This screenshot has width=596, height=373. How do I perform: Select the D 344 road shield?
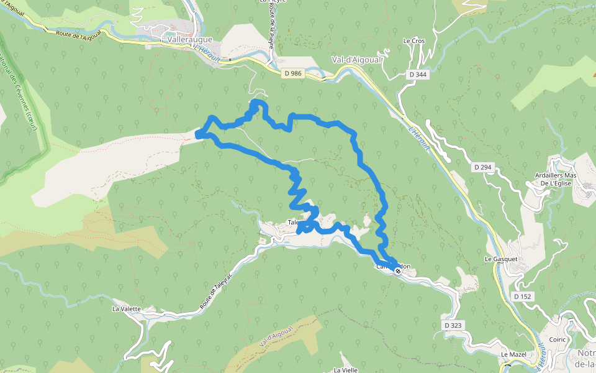418,75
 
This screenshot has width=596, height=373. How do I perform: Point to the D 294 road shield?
482,167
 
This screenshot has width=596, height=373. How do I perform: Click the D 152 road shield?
523,297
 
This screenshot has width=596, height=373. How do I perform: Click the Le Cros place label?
413,41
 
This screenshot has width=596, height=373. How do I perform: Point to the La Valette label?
127,308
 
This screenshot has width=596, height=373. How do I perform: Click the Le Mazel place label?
513,354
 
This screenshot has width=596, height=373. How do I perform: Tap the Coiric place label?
558,339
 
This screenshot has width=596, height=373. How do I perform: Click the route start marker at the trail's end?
397,271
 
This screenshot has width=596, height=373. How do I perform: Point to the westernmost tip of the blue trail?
198,134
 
